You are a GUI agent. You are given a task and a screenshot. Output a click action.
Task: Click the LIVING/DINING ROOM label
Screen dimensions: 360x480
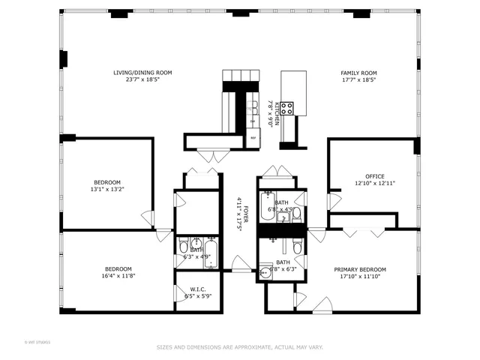coord(142,73)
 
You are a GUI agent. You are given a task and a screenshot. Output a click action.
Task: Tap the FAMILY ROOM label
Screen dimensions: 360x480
coord(358,73)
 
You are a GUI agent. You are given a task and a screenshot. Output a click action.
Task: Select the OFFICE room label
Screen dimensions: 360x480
coord(374,176)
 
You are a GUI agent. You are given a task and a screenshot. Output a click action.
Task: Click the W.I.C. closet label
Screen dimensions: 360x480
coord(199,289)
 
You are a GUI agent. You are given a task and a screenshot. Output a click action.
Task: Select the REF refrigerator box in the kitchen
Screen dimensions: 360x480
coord(253,138)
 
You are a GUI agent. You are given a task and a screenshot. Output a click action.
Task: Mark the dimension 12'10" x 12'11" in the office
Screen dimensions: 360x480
coord(374,183)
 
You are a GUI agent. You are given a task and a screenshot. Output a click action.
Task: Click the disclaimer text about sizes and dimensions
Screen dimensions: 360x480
coord(239,347)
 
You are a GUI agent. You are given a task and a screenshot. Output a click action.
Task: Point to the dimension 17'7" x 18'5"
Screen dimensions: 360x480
coord(358,79)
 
